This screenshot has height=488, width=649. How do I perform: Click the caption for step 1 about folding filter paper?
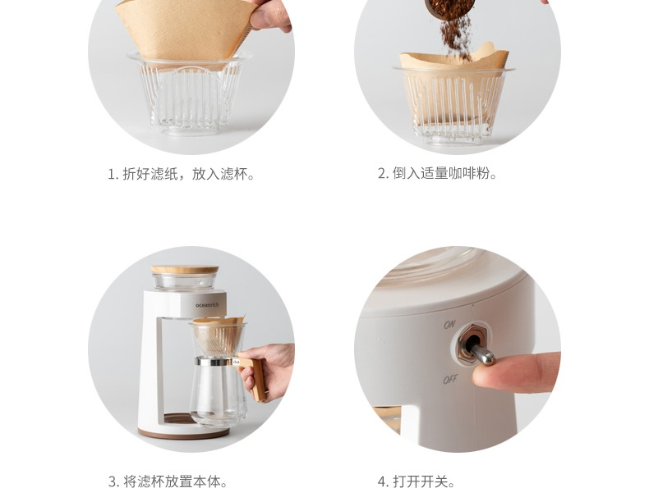[181, 174]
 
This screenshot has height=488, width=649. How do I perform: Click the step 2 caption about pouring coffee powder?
[437, 173]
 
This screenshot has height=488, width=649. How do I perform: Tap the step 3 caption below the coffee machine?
[168, 481]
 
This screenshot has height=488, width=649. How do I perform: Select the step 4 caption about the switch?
[416, 481]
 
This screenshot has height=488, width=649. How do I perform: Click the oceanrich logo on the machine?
[207, 305]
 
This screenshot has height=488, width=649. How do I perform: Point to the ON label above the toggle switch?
[449, 324]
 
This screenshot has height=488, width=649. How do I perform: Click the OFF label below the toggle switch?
[450, 379]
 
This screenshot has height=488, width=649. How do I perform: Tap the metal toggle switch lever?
[482, 353]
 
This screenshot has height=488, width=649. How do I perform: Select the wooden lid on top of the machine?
[185, 269]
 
